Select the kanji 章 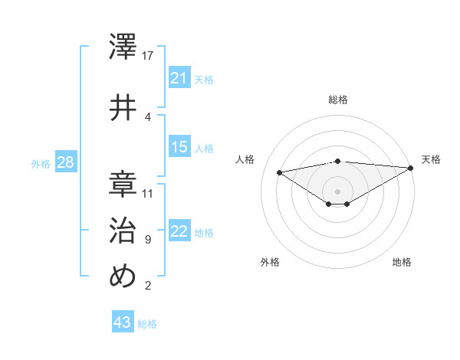pos(123,182)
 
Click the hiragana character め pos(123,277)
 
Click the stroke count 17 pos(148,55)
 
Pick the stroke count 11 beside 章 pos(148,193)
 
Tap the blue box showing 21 pos(179,77)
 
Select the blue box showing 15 pos(179,147)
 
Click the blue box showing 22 pos(179,231)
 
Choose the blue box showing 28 pos(65,162)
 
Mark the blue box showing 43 pos(123,322)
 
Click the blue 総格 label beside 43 pos(147,324)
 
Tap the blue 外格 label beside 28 pos(41,164)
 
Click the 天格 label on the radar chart pos(431,159)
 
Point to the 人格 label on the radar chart pos(245,159)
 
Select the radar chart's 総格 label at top pos(337,100)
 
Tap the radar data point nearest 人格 pos(280,172)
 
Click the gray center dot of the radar pos(337,190)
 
